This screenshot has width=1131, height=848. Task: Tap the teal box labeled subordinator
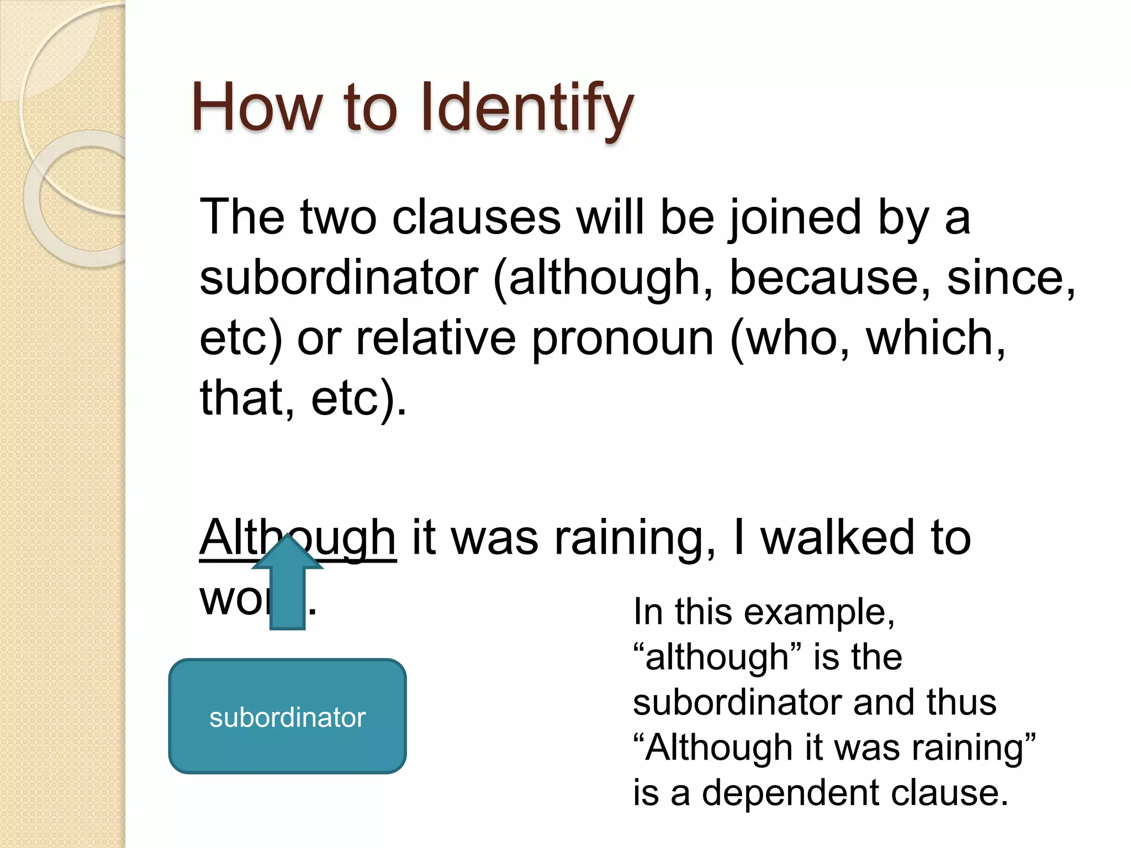[x=287, y=716]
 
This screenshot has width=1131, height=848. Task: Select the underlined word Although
[x=298, y=538]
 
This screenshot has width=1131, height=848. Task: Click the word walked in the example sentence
[x=838, y=538]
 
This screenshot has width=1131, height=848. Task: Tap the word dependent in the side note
[x=791, y=793]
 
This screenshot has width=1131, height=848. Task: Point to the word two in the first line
[x=339, y=218]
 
